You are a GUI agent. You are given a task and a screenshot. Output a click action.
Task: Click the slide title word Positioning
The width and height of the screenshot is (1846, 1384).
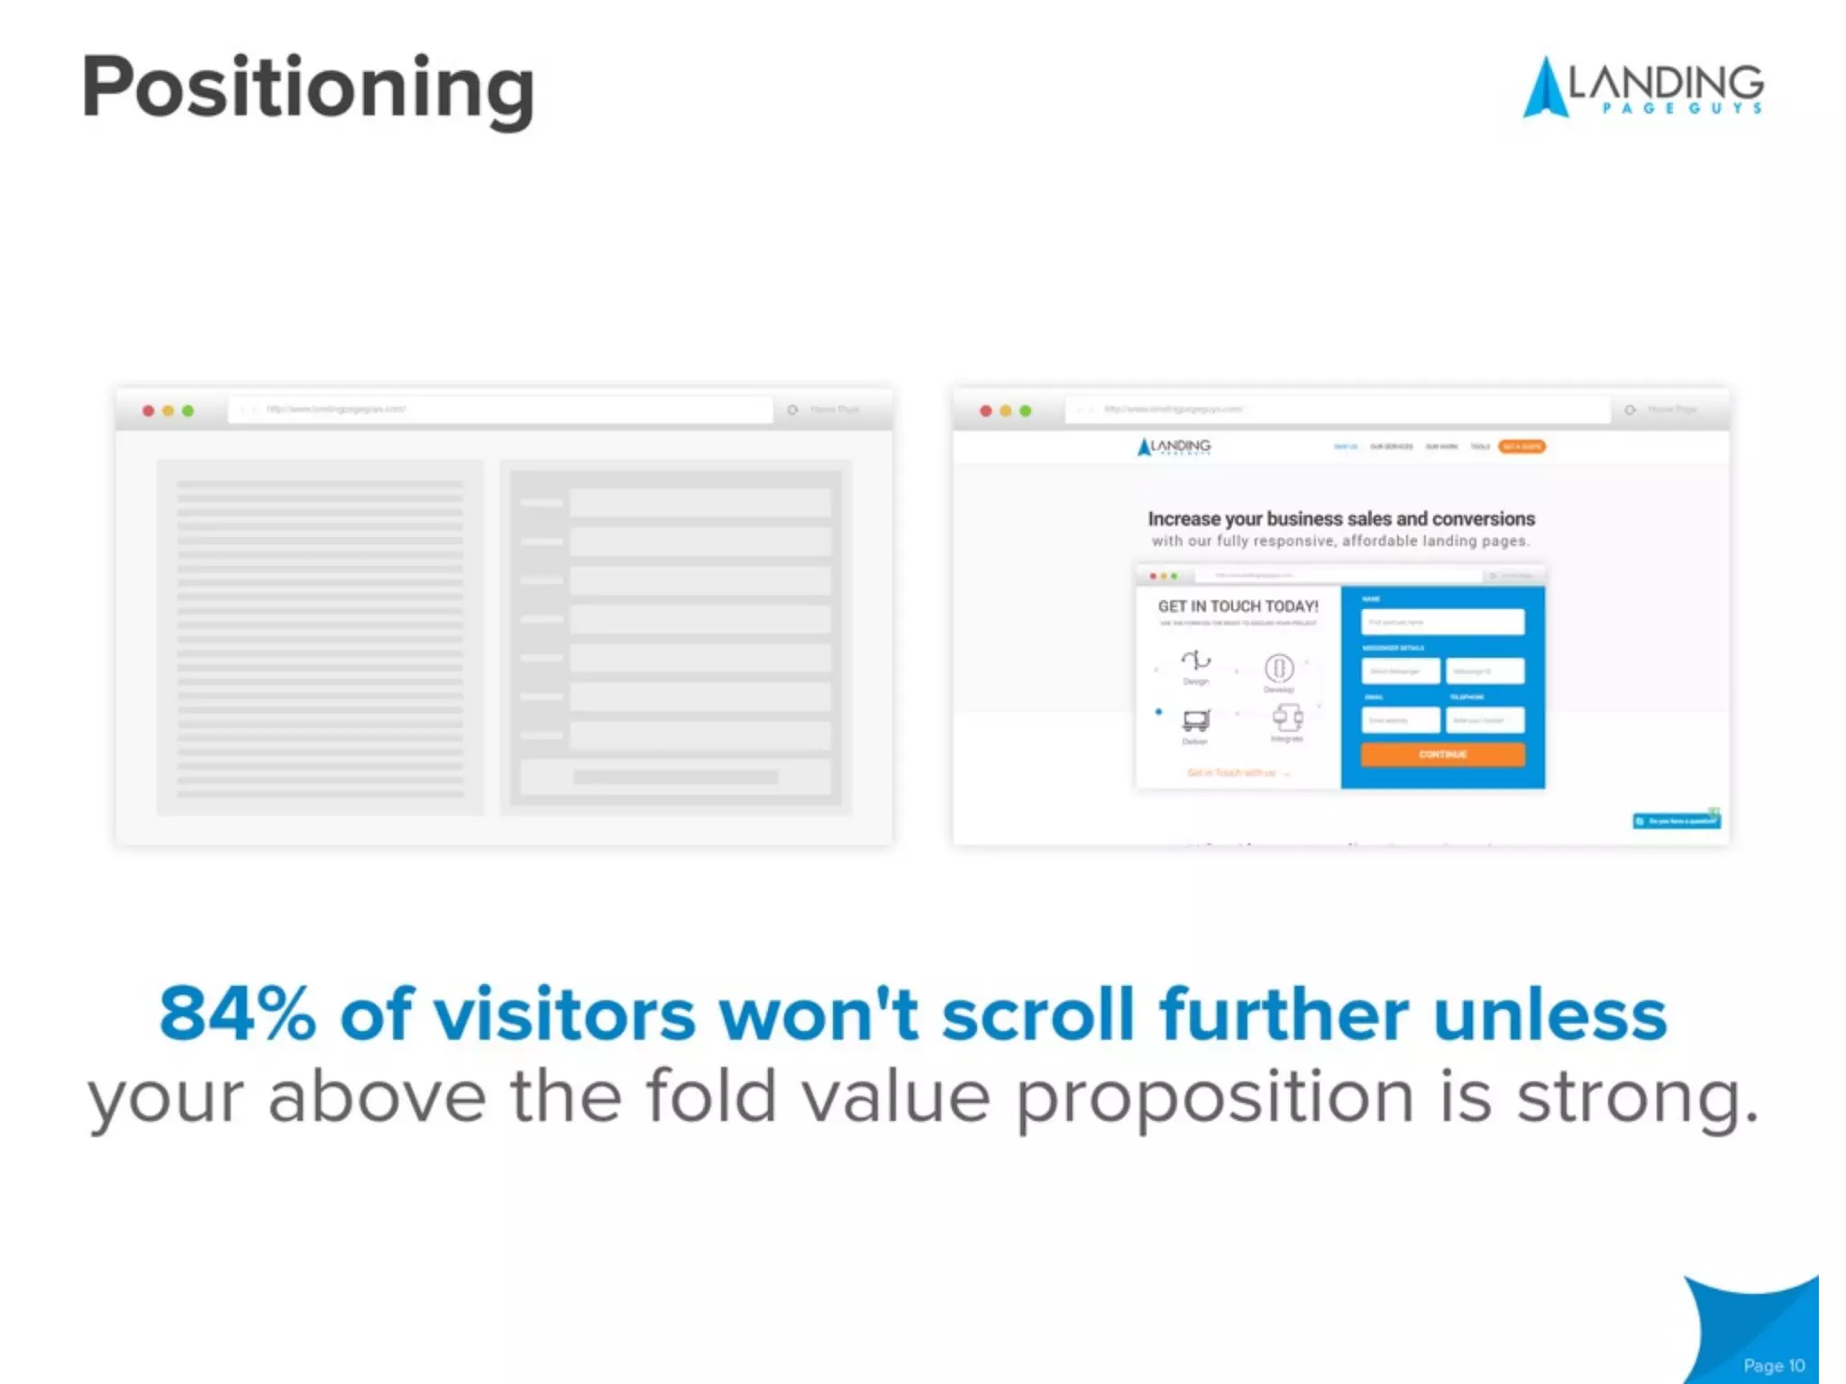[x=308, y=87]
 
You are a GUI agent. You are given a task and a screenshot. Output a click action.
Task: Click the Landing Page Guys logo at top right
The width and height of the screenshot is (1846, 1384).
[x=1642, y=87]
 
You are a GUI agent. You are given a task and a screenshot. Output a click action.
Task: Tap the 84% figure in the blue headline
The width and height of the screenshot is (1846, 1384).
[x=237, y=1014]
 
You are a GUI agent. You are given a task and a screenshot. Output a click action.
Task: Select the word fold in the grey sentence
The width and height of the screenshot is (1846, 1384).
[x=711, y=1097]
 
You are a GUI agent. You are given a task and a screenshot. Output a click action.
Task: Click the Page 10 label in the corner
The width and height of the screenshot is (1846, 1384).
[x=1773, y=1365]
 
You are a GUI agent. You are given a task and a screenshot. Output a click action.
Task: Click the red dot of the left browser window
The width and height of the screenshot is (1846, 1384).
[x=149, y=411]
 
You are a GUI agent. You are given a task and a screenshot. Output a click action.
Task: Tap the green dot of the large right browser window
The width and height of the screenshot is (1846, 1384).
[x=1025, y=411]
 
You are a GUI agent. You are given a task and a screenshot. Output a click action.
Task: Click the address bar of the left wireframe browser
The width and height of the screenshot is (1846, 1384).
[x=500, y=410]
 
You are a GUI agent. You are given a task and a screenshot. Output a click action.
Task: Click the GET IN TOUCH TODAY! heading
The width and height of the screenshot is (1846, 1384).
[x=1238, y=606]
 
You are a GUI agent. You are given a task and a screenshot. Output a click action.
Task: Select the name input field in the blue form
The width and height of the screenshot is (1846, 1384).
[x=1442, y=622]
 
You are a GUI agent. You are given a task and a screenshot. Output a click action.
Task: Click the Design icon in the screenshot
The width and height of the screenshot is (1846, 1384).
[x=1196, y=661]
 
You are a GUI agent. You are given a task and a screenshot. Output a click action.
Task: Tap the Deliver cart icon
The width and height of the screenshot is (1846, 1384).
[x=1195, y=720]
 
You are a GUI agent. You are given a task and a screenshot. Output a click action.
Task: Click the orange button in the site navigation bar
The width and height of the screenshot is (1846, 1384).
[x=1522, y=446]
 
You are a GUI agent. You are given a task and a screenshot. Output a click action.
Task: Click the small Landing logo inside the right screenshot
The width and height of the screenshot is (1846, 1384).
[x=1174, y=446]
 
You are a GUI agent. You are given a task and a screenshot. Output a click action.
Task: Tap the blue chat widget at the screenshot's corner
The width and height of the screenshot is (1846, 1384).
[x=1677, y=821]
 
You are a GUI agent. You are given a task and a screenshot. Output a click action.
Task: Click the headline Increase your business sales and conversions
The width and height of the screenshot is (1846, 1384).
[x=1340, y=519]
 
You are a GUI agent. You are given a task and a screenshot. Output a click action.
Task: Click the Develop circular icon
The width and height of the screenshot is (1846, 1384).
[x=1279, y=669]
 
